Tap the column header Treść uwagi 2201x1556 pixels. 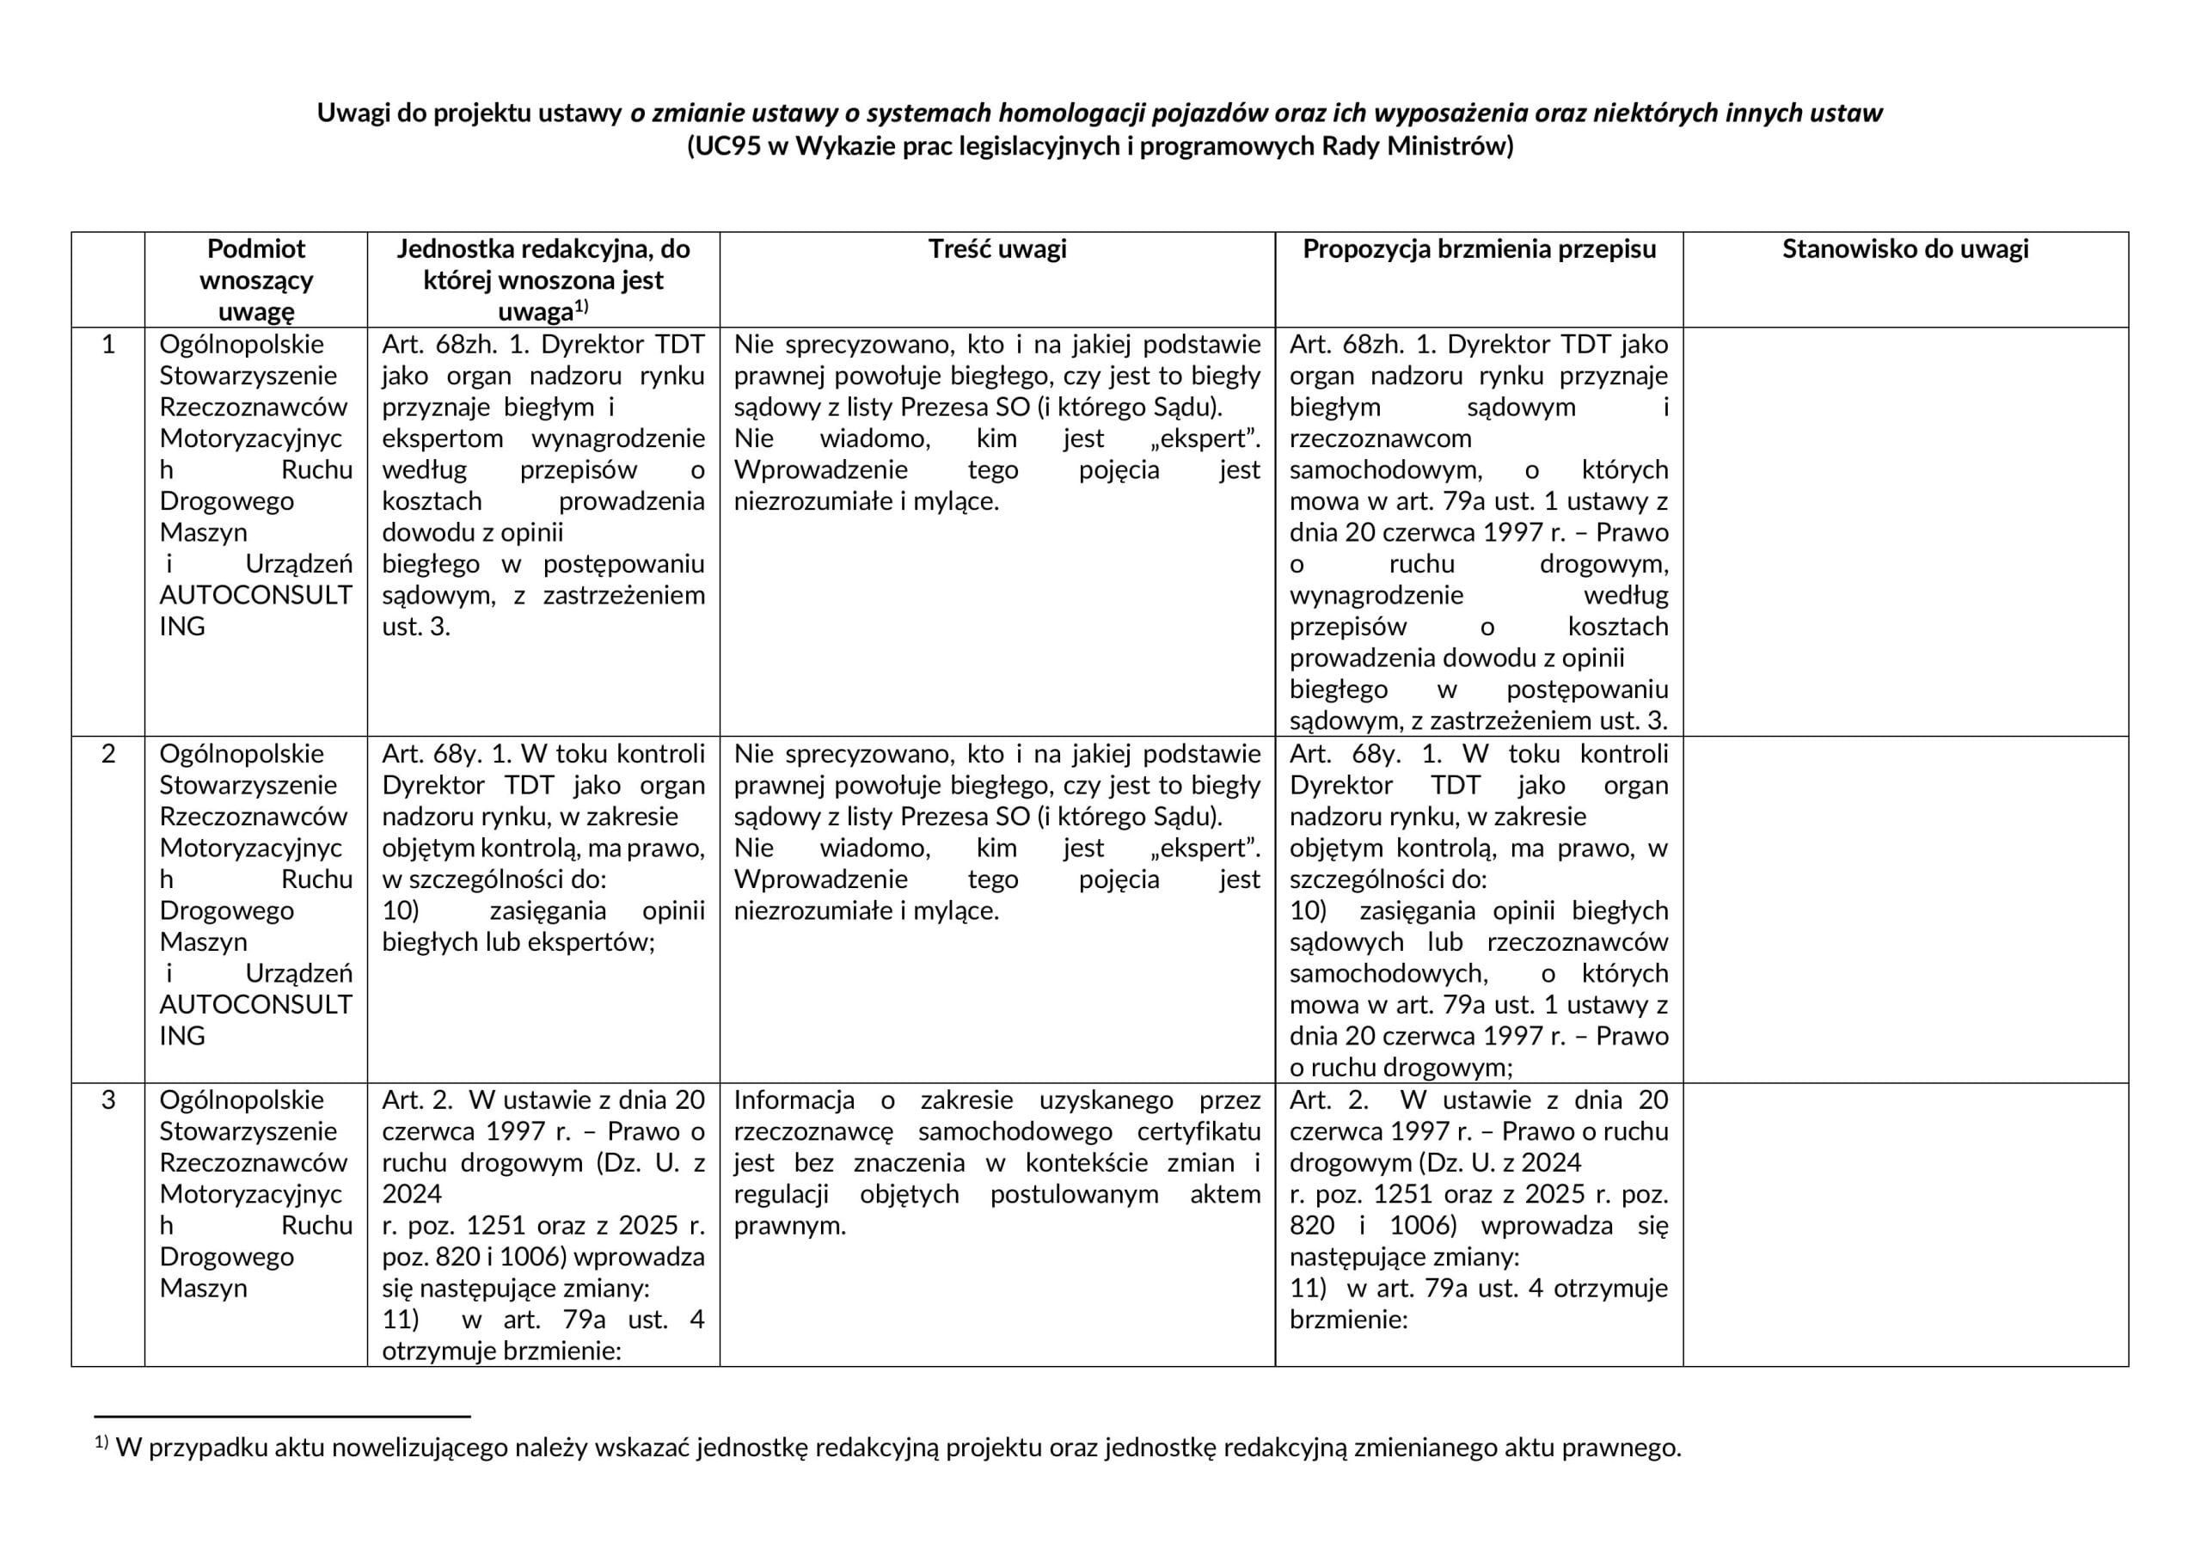pyautogui.click(x=997, y=249)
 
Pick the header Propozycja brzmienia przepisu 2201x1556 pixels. pyautogui.click(x=1478, y=249)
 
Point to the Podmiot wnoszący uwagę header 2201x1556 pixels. pyautogui.click(x=256, y=279)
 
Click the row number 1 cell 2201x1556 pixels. pyautogui.click(x=108, y=344)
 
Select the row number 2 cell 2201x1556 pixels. pyautogui.click(x=108, y=754)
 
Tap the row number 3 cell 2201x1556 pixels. pyautogui.click(x=108, y=1100)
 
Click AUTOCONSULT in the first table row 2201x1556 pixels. pyautogui.click(x=256, y=596)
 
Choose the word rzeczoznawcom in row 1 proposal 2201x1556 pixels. pyautogui.click(x=1379, y=439)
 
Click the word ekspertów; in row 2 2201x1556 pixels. pyautogui.click(x=601, y=942)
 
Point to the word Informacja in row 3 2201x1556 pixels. pyautogui.click(x=794, y=1100)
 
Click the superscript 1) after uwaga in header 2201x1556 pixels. pyautogui.click(x=581, y=307)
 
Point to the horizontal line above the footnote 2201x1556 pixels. pyautogui.click(x=282, y=1416)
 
